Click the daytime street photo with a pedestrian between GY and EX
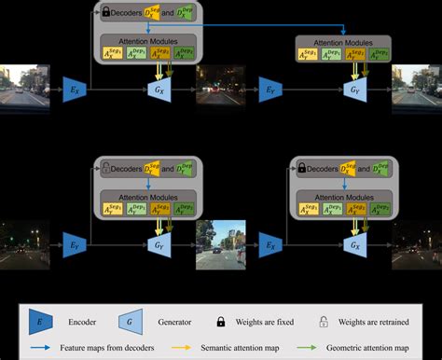point(221,243)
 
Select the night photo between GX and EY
point(221,88)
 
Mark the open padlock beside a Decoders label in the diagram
point(106,171)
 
